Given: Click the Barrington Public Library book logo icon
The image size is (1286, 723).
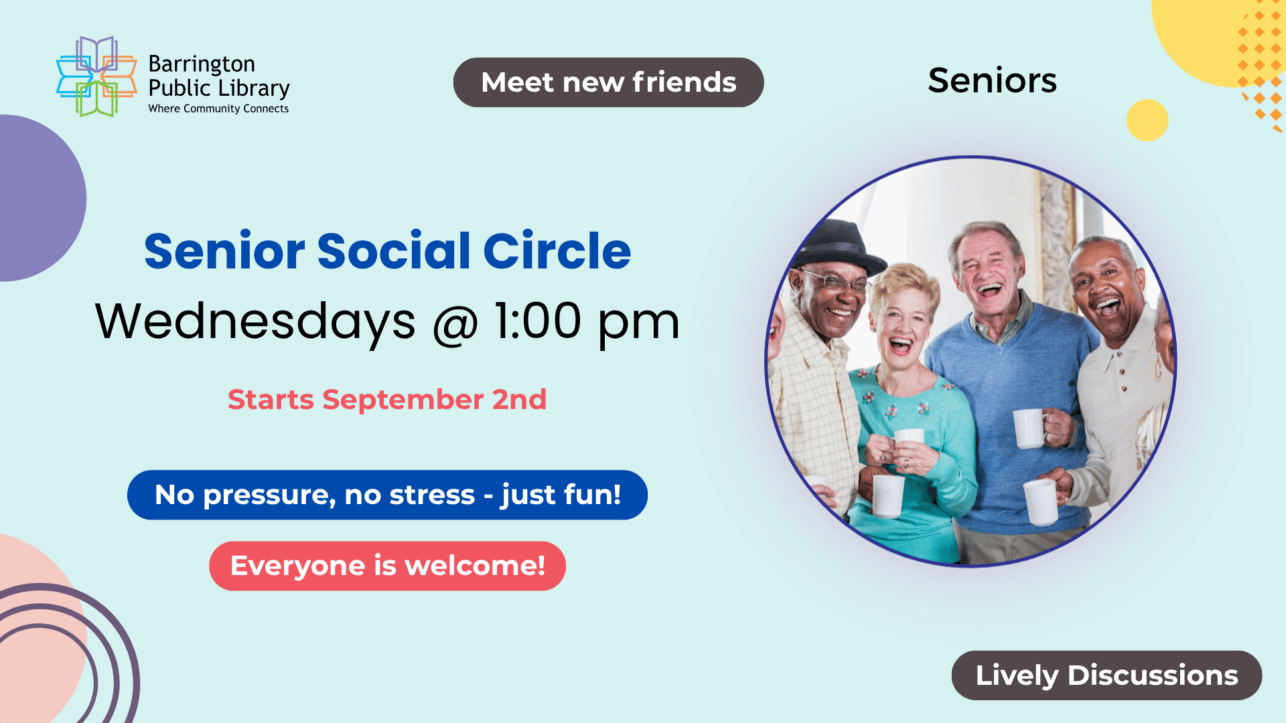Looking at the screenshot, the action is pos(96,76).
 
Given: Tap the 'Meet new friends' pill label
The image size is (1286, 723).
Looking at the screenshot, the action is pos(608,82).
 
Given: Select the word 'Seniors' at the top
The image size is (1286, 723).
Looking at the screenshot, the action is pos(992,80).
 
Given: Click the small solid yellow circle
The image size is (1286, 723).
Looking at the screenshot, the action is pos(1147,120).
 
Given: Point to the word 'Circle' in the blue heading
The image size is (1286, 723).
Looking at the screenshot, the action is pos(557,251).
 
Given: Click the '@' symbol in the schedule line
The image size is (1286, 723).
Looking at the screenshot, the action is pos(455,323).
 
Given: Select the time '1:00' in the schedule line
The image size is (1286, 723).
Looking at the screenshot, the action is pos(538,321).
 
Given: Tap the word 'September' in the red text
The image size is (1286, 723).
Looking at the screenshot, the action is pos(403,400).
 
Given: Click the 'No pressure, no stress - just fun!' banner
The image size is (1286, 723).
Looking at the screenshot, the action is pos(387,495).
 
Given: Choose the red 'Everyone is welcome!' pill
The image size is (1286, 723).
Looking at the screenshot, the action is pos(387,566).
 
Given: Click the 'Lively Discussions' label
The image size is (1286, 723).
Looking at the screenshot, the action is pos(1106,675).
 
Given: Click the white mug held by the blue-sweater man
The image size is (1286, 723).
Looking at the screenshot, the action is pos(1029,428).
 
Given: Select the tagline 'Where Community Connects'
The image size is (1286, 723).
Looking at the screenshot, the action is pos(218,108).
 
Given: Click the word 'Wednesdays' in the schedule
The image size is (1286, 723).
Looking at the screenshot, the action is pos(255,321).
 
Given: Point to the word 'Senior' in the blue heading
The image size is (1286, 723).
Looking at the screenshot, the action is pos(225,251).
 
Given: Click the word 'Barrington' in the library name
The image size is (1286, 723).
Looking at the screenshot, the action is pos(202,64).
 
